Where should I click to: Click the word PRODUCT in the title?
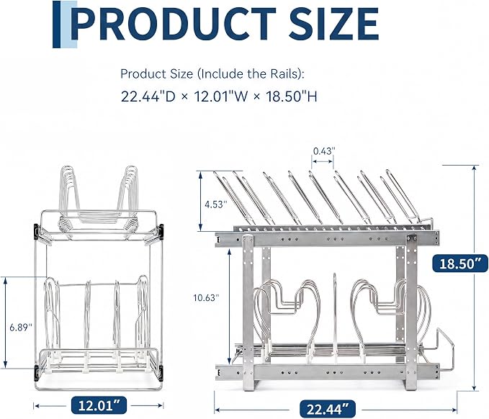coord(174,24)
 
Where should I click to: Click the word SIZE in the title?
coord(333,24)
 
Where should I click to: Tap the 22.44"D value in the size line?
coord(148,96)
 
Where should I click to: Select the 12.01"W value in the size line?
coord(221,96)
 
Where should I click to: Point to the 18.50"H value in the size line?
coord(291,96)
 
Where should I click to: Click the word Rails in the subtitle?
coord(284,74)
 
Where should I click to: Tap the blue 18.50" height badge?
coord(460,263)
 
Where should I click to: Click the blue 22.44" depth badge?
coord(328,409)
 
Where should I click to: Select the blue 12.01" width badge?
coord(99,405)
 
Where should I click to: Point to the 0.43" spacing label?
coord(324,151)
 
